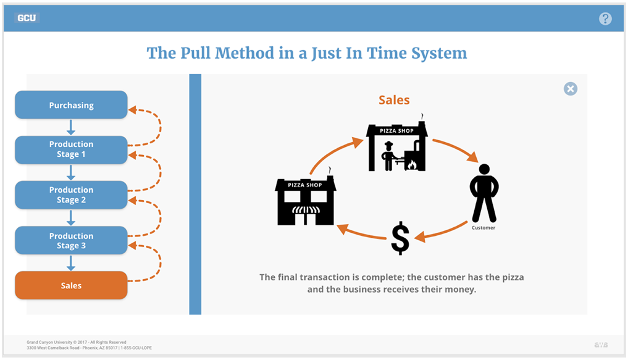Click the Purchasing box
pos(71,105)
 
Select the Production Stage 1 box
pos(71,149)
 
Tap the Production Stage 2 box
pos(71,195)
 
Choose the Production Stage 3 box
pos(71,241)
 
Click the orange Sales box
pos(71,286)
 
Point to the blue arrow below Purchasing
pos(71,127)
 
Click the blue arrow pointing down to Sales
pos(71,263)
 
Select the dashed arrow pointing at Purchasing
pos(148,121)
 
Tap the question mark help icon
pos(605,19)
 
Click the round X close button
pos(571,89)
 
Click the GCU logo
pos(27,18)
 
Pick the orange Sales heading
pos(394,100)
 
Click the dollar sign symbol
pos(400,238)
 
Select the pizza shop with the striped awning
pos(305,201)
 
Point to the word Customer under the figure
pos(484,228)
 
